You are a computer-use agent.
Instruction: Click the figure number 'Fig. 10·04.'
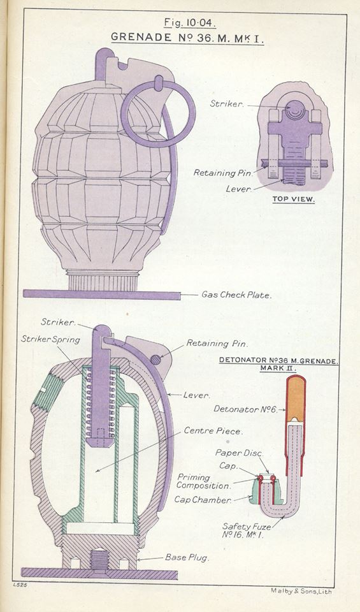pyautogui.click(x=189, y=23)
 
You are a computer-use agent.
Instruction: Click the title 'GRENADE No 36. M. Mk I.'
pyautogui.click(x=189, y=37)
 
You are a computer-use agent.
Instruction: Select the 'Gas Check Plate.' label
pyautogui.click(x=236, y=295)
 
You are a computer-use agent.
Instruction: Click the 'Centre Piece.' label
pyautogui.click(x=213, y=432)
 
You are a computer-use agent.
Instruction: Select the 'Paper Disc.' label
pyautogui.click(x=237, y=453)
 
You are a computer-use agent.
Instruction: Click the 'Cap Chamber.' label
pyautogui.click(x=203, y=500)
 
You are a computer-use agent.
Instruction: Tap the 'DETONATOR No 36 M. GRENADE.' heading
pyautogui.click(x=278, y=361)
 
